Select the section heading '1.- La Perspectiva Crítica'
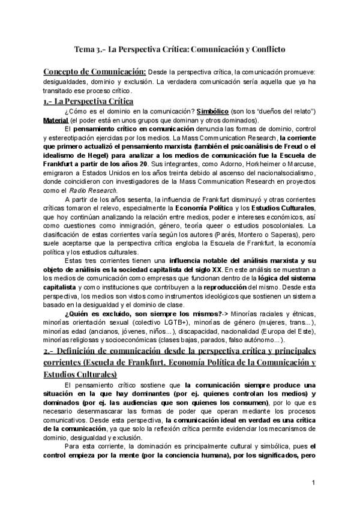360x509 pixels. [x=89, y=101]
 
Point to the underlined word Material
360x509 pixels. [x=56, y=120]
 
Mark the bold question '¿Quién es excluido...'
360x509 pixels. [x=136, y=313]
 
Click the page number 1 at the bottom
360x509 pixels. [x=314, y=482]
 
